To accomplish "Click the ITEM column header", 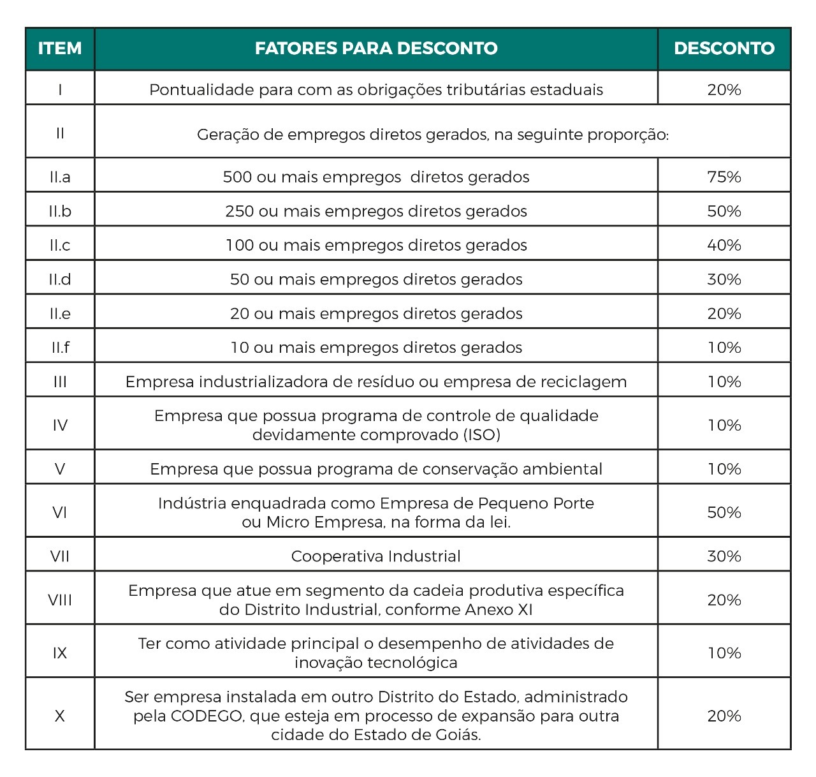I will [x=60, y=48].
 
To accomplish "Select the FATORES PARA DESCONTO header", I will [x=376, y=48].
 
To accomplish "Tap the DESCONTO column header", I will [x=724, y=48].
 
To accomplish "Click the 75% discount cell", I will [x=724, y=177].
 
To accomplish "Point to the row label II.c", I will [x=60, y=245].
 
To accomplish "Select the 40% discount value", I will [x=724, y=245].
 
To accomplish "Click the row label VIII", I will [x=60, y=600].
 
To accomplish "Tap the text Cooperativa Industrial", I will [x=376, y=556].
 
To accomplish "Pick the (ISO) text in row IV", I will [x=477, y=435].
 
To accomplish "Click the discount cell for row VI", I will [x=724, y=512].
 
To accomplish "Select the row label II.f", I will [x=60, y=348].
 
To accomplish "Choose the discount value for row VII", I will [x=724, y=556].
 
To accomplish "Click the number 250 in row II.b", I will [x=240, y=211].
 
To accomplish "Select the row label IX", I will [x=60, y=653].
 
